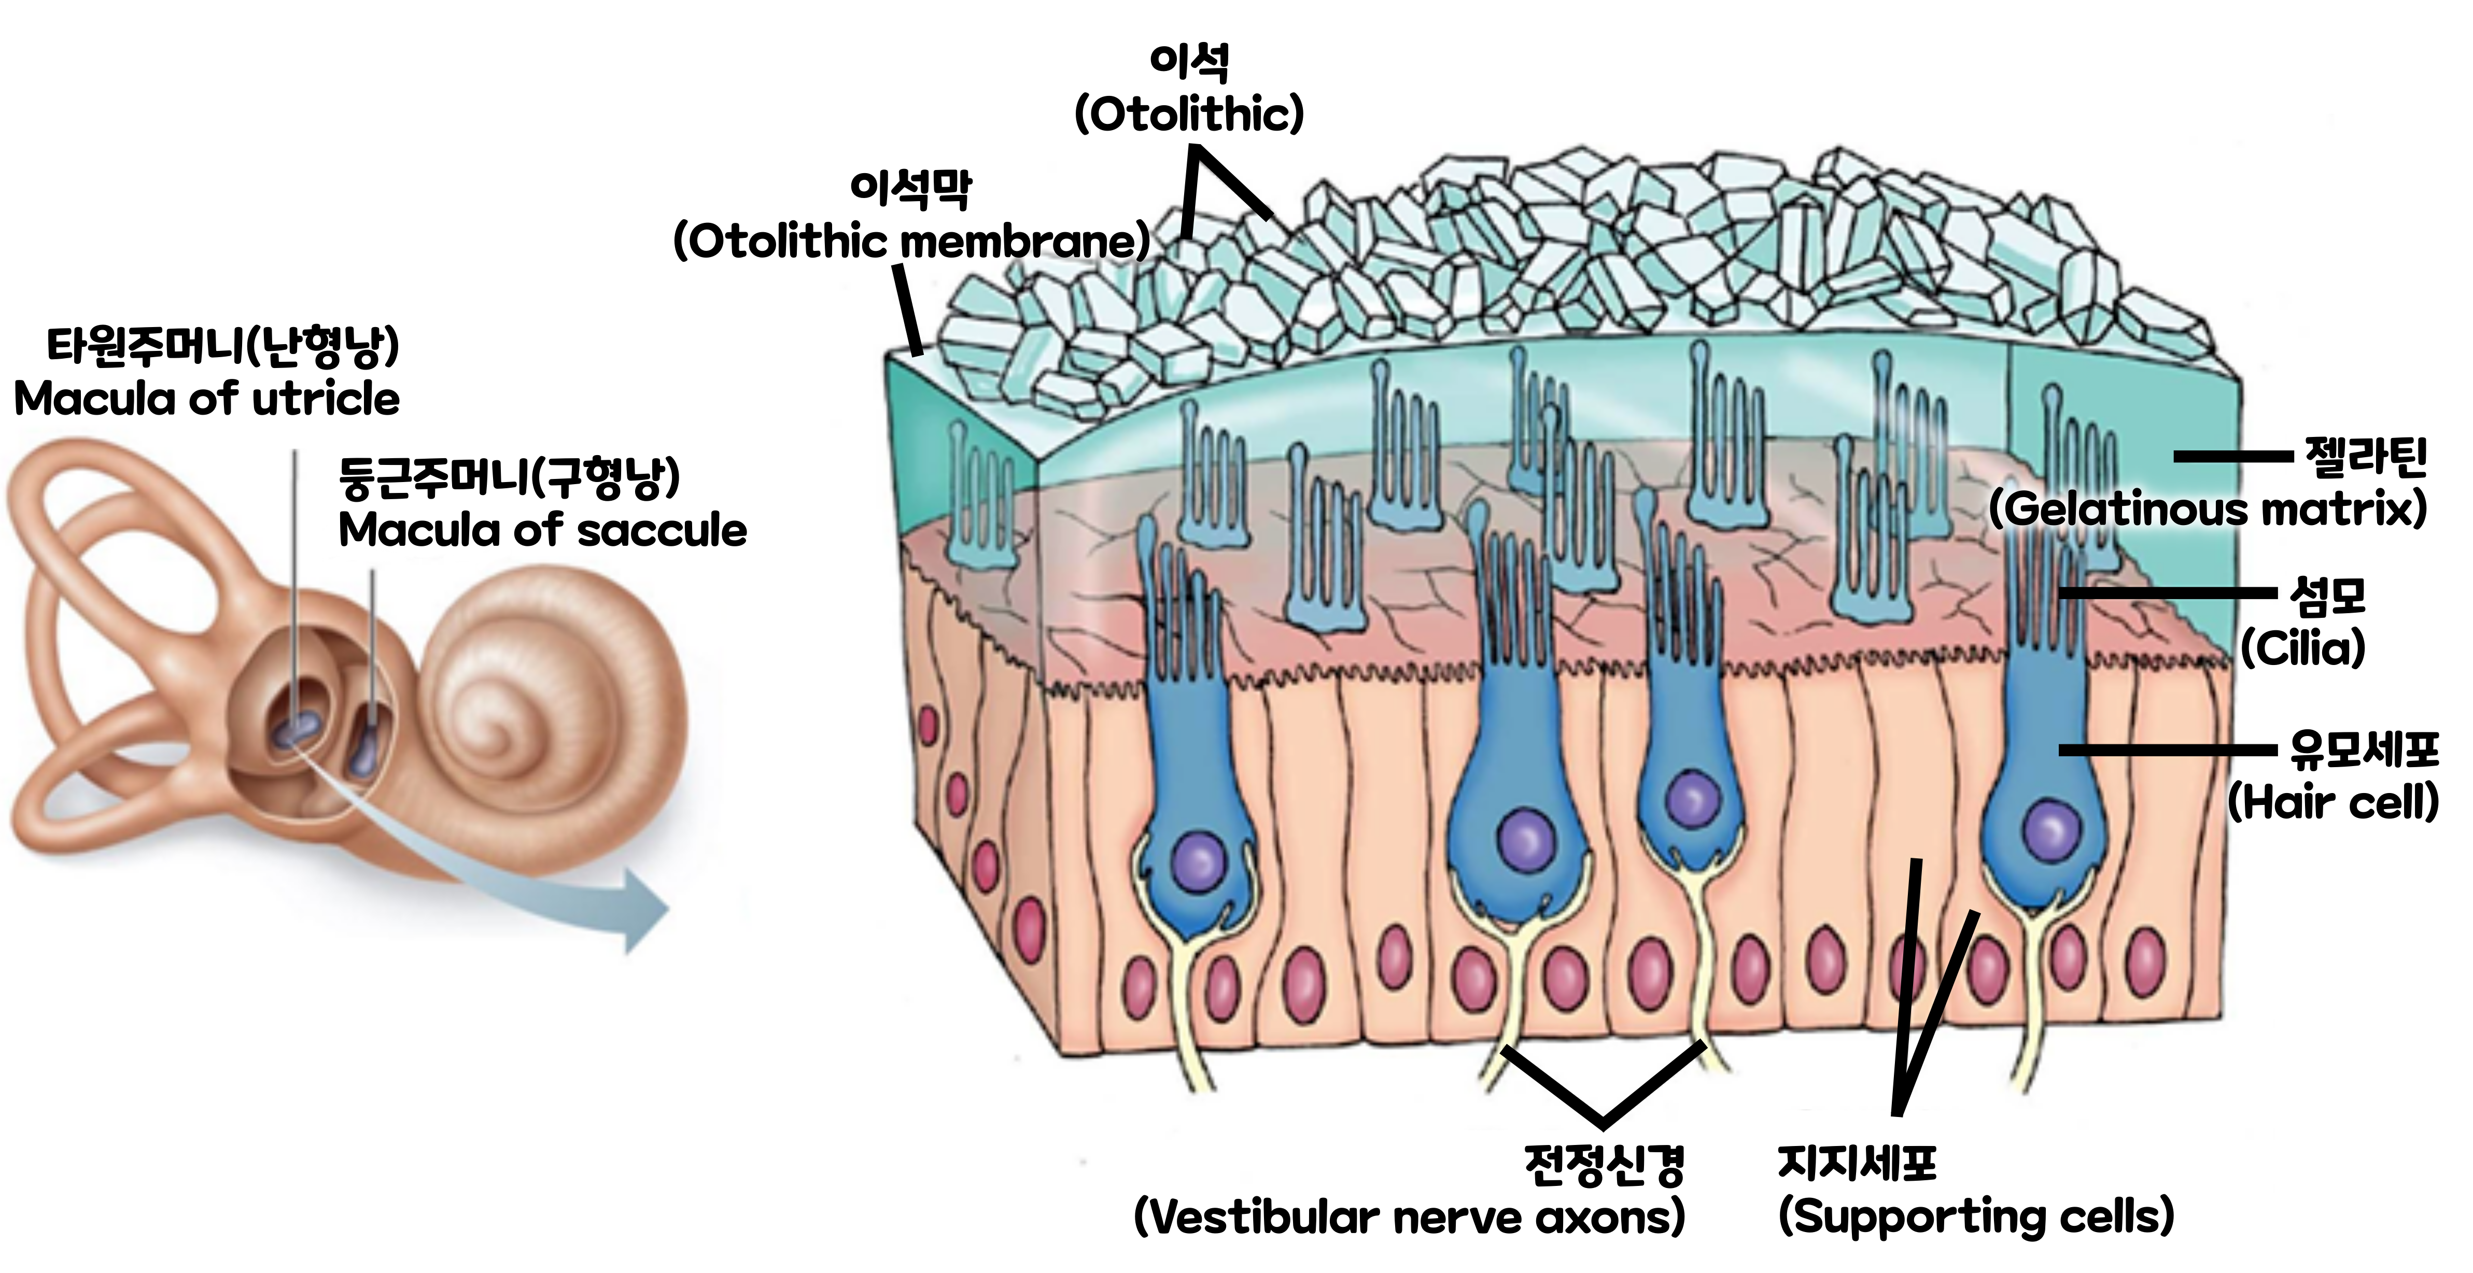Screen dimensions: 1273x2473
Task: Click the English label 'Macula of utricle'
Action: [206, 399]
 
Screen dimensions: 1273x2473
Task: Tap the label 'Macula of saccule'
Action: [542, 530]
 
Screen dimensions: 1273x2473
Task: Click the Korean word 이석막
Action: [910, 188]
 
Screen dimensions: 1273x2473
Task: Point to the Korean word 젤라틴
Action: [2366, 457]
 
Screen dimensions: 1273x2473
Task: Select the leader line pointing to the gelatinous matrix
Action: [2232, 457]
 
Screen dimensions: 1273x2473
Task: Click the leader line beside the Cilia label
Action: [2168, 593]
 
